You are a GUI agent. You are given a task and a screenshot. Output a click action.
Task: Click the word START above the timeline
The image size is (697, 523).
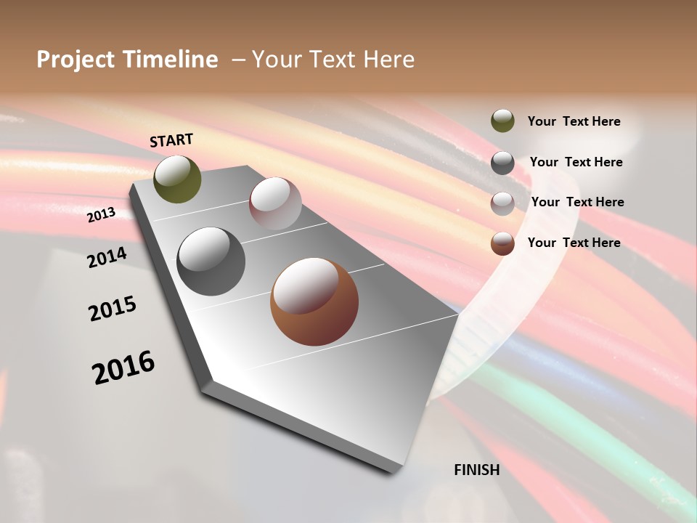pos(171,139)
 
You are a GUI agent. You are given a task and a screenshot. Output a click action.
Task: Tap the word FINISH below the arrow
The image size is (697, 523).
pos(477,470)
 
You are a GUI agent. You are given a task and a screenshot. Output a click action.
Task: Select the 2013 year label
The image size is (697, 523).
pos(101,215)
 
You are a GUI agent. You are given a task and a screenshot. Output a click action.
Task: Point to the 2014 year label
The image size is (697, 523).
pos(107,257)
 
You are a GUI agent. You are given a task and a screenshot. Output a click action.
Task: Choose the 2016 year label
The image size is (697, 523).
pos(123,368)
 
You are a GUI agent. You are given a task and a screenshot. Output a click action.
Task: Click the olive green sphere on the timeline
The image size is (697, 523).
pos(177,179)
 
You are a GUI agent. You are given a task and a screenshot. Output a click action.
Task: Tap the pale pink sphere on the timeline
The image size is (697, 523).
pos(275,203)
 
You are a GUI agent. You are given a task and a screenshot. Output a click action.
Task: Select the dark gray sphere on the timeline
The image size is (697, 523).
pos(211,261)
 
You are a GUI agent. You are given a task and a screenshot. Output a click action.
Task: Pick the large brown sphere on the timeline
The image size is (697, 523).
pos(314,301)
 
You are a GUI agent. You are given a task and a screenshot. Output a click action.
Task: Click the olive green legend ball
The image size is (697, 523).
pos(502,121)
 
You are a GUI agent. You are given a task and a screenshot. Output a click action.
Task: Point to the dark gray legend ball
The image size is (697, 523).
pos(502,163)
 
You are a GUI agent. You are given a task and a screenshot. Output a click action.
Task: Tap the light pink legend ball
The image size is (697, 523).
pos(502,203)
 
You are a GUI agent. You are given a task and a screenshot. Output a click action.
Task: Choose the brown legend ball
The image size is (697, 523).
pos(502,243)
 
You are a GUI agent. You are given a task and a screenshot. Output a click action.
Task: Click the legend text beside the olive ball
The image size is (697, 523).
pos(574,122)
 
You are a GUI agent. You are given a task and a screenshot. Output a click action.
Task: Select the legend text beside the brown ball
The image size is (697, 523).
pos(574,243)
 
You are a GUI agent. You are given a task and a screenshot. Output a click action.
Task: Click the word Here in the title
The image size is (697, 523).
pos(388,60)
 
